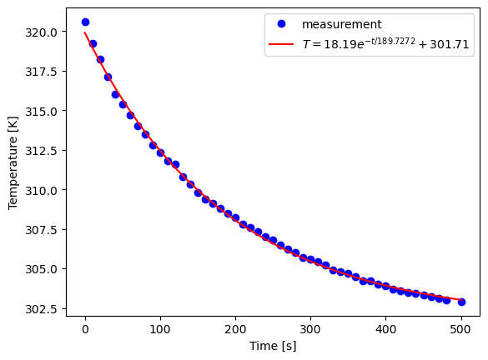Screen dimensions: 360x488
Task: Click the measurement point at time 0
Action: pyautogui.click(x=85, y=22)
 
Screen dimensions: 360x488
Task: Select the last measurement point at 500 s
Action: pyautogui.click(x=461, y=302)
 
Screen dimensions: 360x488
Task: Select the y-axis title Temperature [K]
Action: pyautogui.click(x=13, y=167)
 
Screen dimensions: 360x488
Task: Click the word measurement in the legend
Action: pyautogui.click(x=342, y=24)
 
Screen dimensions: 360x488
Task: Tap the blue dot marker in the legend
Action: pyautogui.click(x=282, y=24)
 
